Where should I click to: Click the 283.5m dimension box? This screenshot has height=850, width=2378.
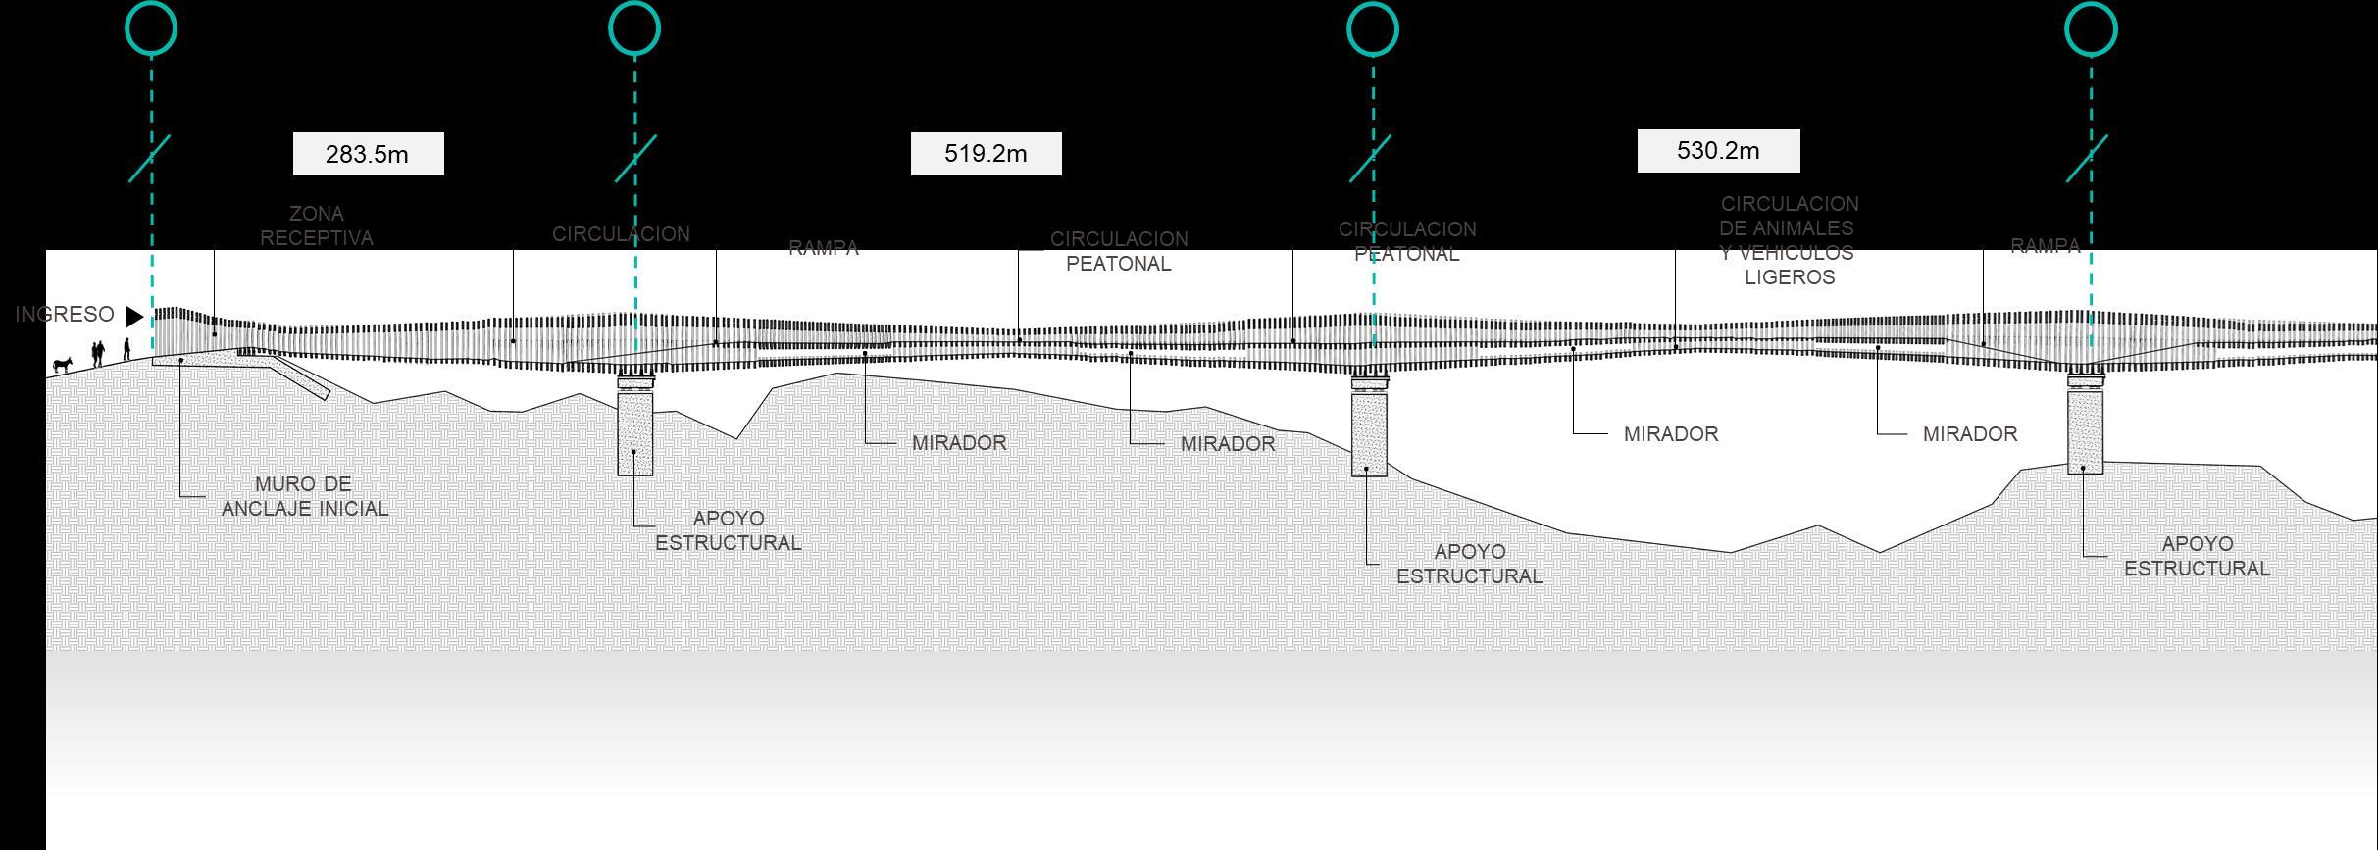(x=368, y=154)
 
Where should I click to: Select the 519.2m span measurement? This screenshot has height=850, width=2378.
(x=986, y=154)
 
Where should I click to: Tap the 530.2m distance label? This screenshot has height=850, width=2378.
(x=1718, y=151)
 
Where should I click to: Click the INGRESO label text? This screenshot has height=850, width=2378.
(x=65, y=315)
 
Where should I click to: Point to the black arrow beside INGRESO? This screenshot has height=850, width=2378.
(x=133, y=316)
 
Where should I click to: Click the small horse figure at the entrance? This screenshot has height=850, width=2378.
(x=63, y=365)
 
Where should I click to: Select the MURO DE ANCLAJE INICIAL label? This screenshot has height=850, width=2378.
(x=304, y=496)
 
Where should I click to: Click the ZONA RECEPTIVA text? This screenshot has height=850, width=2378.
(x=316, y=225)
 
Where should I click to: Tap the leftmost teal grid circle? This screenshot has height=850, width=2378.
(x=151, y=28)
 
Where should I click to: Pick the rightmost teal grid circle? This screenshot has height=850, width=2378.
(x=2091, y=28)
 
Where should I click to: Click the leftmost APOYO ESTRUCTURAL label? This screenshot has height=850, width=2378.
(x=728, y=530)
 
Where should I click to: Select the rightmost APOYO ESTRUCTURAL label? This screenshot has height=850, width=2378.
(x=2197, y=556)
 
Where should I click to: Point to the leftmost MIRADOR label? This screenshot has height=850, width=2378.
(x=959, y=443)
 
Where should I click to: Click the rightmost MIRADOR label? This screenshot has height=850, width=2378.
(x=1969, y=434)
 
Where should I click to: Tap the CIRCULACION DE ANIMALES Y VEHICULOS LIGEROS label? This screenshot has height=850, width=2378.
(x=1789, y=240)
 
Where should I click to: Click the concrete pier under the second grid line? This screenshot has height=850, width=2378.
(x=635, y=432)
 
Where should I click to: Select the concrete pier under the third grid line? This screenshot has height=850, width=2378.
(x=1369, y=434)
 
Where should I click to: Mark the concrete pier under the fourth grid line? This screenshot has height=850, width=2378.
(x=2086, y=431)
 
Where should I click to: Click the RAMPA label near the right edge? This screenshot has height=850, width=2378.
(x=2045, y=246)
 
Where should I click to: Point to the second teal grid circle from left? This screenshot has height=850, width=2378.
(x=634, y=28)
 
